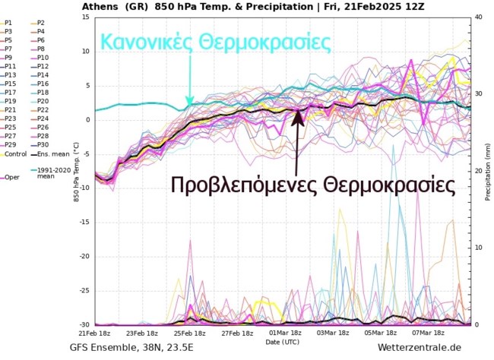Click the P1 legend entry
[x=10, y=23]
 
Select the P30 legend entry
[x=43, y=144]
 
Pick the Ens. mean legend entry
[x=47, y=153]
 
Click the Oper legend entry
[x=11, y=176]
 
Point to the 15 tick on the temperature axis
[x=87, y=17]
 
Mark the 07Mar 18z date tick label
[x=429, y=333]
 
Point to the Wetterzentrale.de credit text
[x=420, y=348]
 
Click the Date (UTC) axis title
[x=282, y=342]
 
